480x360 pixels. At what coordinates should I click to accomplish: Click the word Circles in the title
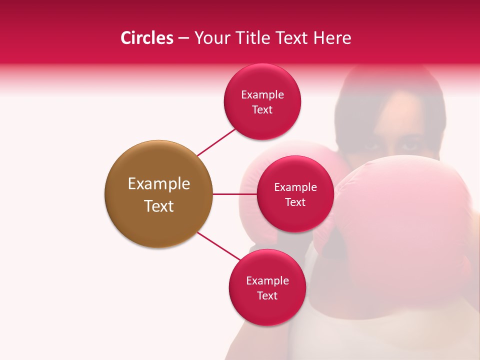(147, 38)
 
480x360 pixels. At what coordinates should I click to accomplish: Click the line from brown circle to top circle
(217, 142)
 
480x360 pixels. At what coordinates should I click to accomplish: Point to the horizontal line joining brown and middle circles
(234, 194)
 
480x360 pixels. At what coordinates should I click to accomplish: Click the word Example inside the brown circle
(158, 184)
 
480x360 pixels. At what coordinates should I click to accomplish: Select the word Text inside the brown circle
(158, 206)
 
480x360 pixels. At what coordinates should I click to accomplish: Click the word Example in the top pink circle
(262, 95)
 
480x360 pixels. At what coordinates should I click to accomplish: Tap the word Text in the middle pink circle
(295, 202)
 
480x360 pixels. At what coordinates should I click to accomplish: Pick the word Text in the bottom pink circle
(267, 296)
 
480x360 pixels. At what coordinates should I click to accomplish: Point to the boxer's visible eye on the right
(409, 146)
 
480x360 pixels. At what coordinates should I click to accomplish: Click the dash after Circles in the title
(183, 38)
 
